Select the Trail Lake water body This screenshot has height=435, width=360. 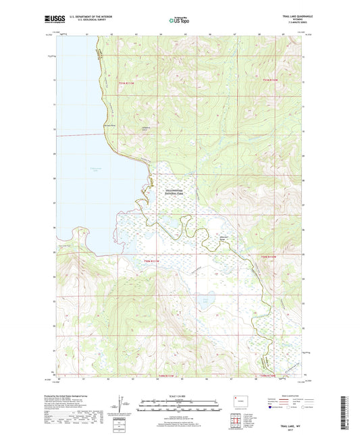(x=205, y=297)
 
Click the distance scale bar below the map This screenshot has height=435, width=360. (x=179, y=407)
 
